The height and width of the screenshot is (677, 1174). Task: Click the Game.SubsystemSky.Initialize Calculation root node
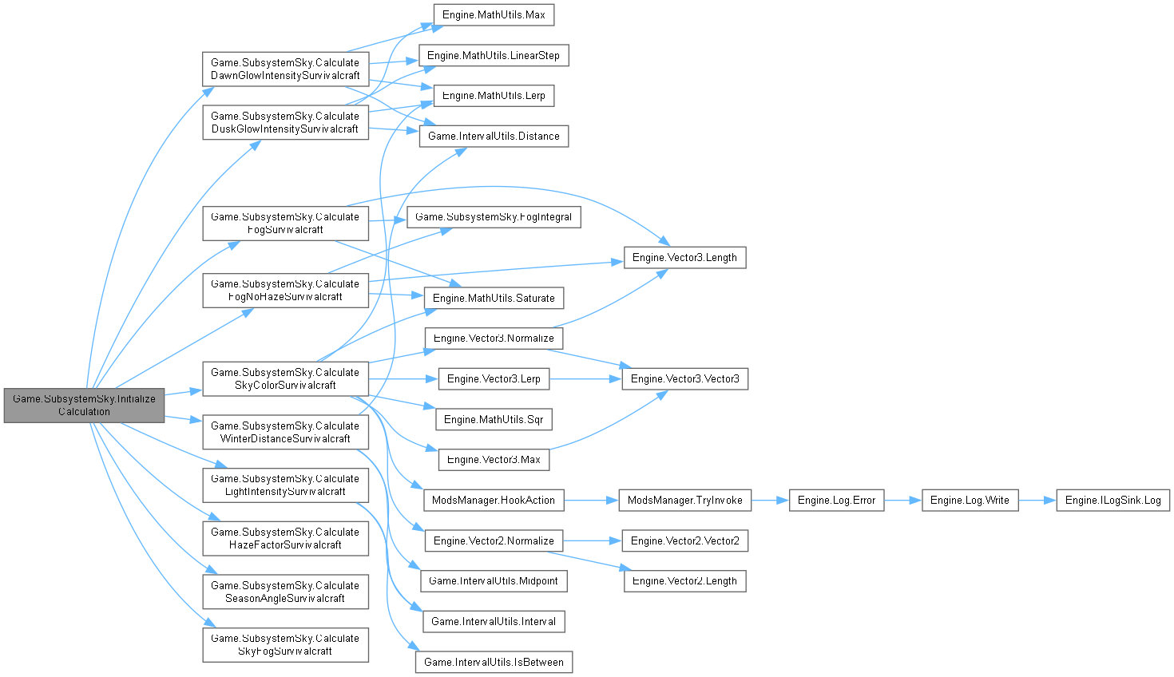click(x=84, y=405)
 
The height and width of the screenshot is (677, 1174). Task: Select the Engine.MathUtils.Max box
click(x=494, y=15)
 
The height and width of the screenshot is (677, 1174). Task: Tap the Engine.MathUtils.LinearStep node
click(x=494, y=55)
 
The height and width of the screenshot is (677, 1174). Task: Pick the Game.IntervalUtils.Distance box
click(x=494, y=136)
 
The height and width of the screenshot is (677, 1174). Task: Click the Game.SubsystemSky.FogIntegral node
click(x=494, y=216)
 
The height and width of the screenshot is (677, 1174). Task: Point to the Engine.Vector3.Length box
click(x=684, y=257)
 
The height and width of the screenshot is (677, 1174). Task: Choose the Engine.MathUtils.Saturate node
click(x=494, y=298)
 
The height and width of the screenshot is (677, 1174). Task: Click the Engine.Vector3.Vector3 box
click(x=684, y=378)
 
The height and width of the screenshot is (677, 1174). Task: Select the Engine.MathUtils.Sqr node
click(x=494, y=419)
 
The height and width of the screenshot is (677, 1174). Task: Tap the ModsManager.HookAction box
click(x=494, y=500)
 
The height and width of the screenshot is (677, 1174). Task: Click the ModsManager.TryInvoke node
click(x=684, y=500)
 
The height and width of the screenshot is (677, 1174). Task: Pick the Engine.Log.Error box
click(x=836, y=500)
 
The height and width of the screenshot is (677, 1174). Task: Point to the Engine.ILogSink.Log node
click(x=1113, y=500)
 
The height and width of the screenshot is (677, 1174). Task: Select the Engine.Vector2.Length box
click(x=684, y=580)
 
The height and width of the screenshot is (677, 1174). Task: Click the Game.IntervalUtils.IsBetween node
click(x=494, y=662)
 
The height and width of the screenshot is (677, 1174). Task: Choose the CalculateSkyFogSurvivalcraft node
click(x=285, y=644)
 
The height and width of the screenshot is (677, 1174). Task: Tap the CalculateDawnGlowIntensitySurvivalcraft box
click(x=285, y=69)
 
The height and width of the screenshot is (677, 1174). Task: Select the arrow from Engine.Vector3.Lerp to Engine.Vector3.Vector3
click(x=585, y=378)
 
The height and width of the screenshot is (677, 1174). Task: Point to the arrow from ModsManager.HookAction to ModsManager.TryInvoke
click(x=591, y=500)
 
